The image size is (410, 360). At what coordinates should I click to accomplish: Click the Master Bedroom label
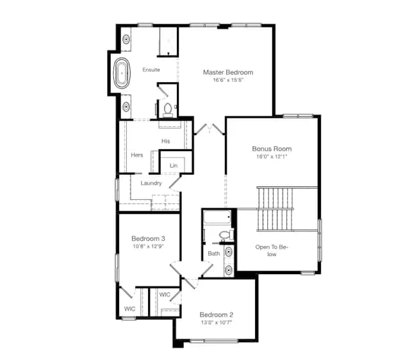pyautogui.click(x=228, y=72)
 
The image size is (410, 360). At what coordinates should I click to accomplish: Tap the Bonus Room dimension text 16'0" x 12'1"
pyautogui.click(x=272, y=156)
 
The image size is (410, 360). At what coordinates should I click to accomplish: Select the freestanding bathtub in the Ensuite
pyautogui.click(x=122, y=73)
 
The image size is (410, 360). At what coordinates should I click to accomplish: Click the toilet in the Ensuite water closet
pyautogui.click(x=168, y=110)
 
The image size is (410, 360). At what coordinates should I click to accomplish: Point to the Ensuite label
pyautogui.click(x=151, y=70)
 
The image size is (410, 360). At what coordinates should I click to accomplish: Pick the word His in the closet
pyautogui.click(x=165, y=141)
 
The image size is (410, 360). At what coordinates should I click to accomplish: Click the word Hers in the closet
pyautogui.click(x=136, y=155)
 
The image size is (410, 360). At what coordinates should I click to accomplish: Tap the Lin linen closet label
pyautogui.click(x=174, y=165)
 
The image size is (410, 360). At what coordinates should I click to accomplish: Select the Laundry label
pyautogui.click(x=151, y=183)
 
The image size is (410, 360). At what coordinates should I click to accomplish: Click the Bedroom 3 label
pyautogui.click(x=148, y=238)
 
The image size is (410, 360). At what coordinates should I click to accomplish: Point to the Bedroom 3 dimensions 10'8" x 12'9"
pyautogui.click(x=148, y=246)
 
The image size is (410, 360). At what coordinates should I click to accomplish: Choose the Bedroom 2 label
pyautogui.click(x=217, y=315)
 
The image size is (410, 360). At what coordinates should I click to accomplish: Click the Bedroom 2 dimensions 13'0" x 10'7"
pyautogui.click(x=217, y=322)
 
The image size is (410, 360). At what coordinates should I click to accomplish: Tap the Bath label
pyautogui.click(x=214, y=253)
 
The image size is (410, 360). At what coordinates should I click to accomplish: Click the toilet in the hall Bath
pyautogui.click(x=226, y=234)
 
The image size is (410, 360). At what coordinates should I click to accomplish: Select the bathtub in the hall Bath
pyautogui.click(x=217, y=217)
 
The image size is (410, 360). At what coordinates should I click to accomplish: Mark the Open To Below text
pyautogui.click(x=272, y=250)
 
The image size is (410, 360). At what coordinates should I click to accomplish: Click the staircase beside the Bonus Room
pyautogui.click(x=275, y=209)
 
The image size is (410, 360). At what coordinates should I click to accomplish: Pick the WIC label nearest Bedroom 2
pyautogui.click(x=165, y=295)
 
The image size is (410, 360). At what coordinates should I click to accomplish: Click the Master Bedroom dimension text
pyautogui.click(x=228, y=80)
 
